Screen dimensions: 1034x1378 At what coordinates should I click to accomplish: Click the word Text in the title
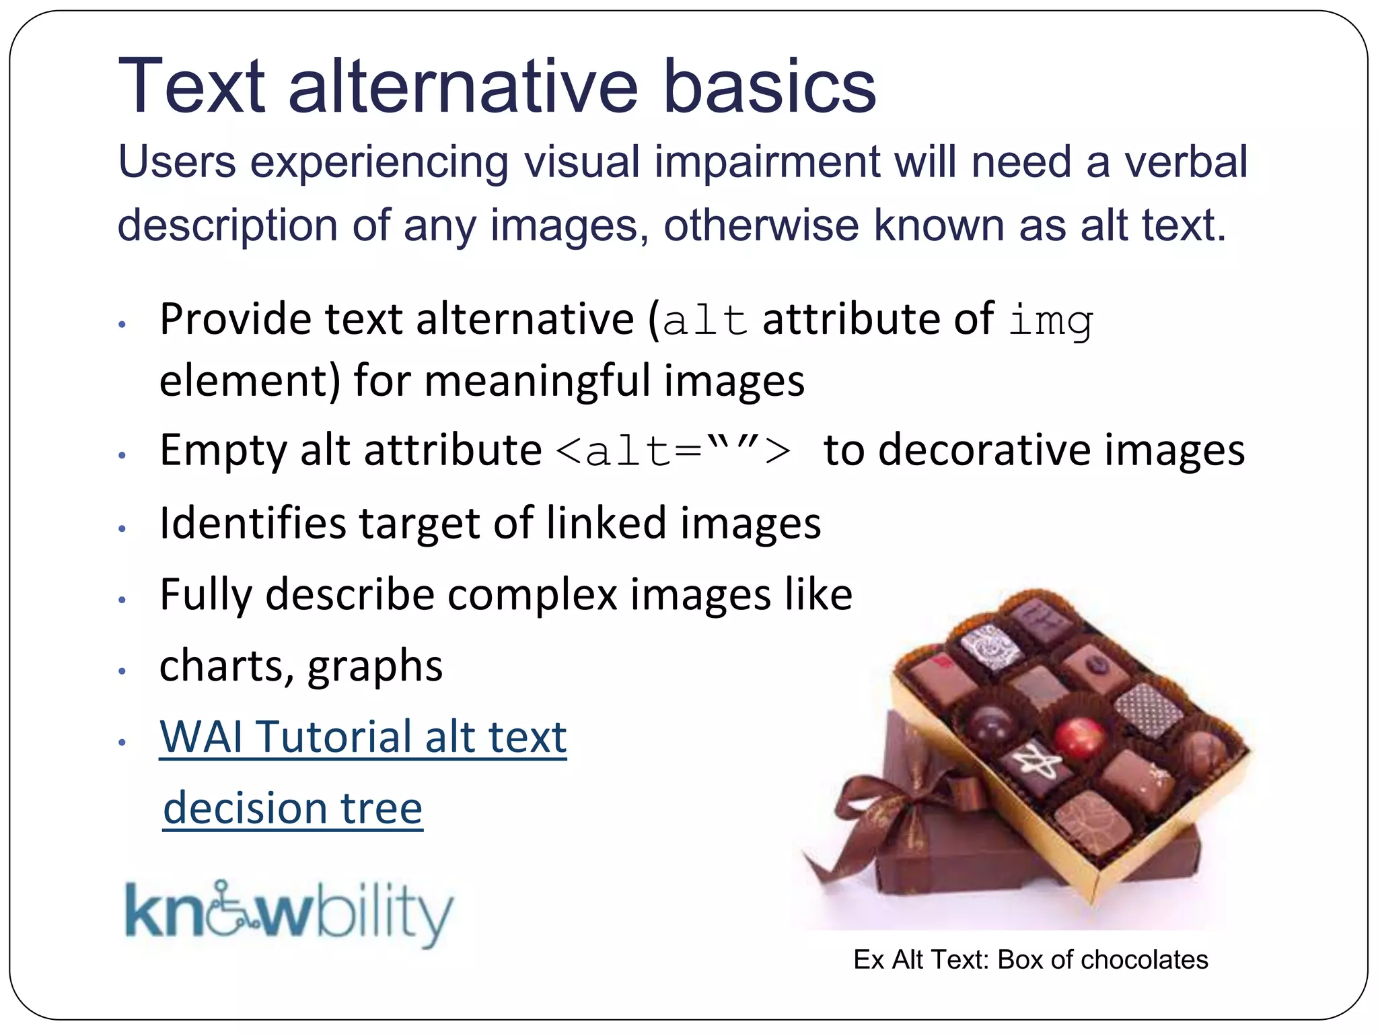click(x=191, y=88)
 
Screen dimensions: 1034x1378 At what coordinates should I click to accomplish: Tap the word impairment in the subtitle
click(x=767, y=164)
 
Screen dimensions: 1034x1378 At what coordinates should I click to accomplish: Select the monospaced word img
click(x=1050, y=321)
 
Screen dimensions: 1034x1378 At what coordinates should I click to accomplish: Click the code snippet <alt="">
click(x=674, y=450)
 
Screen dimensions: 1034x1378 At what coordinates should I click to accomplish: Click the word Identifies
click(x=252, y=524)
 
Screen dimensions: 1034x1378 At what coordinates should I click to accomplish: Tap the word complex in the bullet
click(x=531, y=595)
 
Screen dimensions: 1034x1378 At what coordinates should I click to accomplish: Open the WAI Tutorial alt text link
click(x=363, y=737)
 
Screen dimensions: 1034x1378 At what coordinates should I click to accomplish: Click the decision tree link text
click(x=293, y=808)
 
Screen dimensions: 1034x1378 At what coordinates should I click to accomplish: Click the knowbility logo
click(x=289, y=913)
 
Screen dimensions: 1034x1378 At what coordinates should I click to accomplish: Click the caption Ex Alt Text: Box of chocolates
click(x=1030, y=960)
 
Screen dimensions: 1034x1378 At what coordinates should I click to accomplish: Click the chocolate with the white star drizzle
click(x=1029, y=767)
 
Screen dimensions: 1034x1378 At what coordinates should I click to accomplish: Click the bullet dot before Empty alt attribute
click(x=122, y=456)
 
